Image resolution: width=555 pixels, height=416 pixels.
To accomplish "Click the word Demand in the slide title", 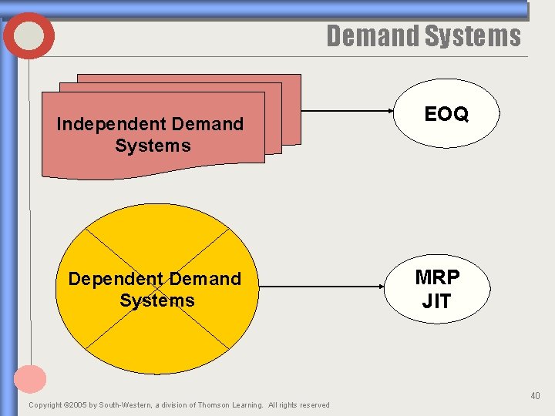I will click(372, 36).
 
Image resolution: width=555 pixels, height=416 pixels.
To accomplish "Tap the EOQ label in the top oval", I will click(446, 114).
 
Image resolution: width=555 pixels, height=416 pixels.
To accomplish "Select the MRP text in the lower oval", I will click(436, 277).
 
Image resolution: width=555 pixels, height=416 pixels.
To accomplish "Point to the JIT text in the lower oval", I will click(436, 301).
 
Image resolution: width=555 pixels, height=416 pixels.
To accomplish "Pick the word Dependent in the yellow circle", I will click(113, 279).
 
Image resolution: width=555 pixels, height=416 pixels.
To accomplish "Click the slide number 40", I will click(535, 396).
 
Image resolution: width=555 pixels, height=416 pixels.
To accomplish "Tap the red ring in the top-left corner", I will click(29, 36).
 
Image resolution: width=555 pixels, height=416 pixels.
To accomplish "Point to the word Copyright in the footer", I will click(45, 405).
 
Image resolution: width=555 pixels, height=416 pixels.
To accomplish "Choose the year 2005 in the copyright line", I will click(78, 405).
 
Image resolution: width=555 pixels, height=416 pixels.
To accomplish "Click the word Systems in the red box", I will click(153, 146).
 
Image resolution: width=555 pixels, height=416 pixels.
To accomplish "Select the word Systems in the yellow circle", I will click(157, 300).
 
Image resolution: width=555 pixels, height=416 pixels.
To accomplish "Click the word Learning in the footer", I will click(249, 405).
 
